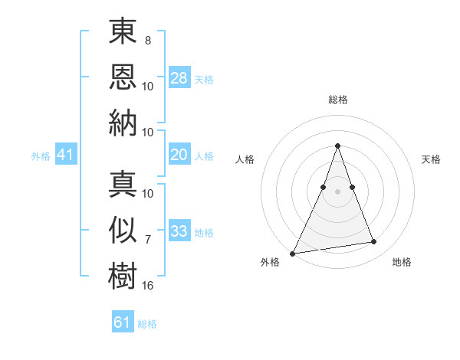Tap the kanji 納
tap(123, 123)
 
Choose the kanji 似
tap(123, 230)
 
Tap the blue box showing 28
tap(179, 77)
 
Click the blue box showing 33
tap(179, 231)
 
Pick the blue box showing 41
tap(65, 155)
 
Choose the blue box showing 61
tap(123, 322)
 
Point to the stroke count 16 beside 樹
tap(148, 286)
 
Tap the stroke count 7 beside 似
tap(147, 240)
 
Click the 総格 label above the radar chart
tap(337, 100)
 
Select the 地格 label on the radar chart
tap(402, 262)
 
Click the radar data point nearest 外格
tap(292, 253)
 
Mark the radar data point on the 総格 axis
tap(337, 146)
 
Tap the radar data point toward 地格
tap(374, 242)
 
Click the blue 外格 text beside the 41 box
tap(41, 156)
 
